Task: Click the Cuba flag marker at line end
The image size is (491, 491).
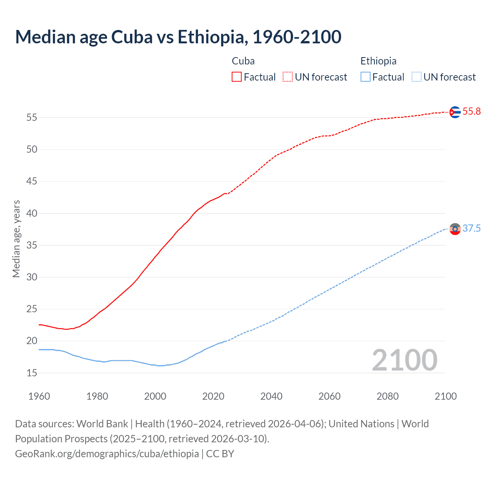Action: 455,112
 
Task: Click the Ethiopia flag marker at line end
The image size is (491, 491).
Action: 455,229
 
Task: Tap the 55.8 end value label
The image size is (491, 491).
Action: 471,112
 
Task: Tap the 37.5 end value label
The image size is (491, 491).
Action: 471,229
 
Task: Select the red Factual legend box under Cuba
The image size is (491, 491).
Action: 237,77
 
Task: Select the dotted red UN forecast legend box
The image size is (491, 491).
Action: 288,77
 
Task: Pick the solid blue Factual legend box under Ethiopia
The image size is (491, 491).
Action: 365,77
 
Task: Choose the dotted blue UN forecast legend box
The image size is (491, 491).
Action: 416,77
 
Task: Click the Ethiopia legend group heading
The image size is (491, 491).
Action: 378,61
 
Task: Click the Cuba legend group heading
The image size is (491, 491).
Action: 243,61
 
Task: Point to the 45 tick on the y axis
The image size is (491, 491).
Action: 32,181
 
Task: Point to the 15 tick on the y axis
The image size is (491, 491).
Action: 32,373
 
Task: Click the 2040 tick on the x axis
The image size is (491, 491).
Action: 271,396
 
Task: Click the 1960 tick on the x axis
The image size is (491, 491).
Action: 39,396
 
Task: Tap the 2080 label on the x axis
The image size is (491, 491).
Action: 387,396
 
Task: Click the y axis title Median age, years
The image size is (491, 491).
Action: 16,239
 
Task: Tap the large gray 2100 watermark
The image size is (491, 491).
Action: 404,360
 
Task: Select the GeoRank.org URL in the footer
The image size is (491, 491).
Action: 107,454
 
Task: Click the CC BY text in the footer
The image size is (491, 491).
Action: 220,454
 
